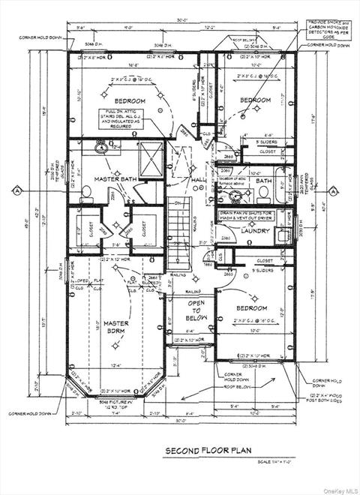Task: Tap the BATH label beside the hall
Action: (x=263, y=181)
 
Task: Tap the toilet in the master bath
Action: (x=85, y=193)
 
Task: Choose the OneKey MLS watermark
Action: (x=339, y=490)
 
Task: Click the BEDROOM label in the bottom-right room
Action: (x=251, y=308)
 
